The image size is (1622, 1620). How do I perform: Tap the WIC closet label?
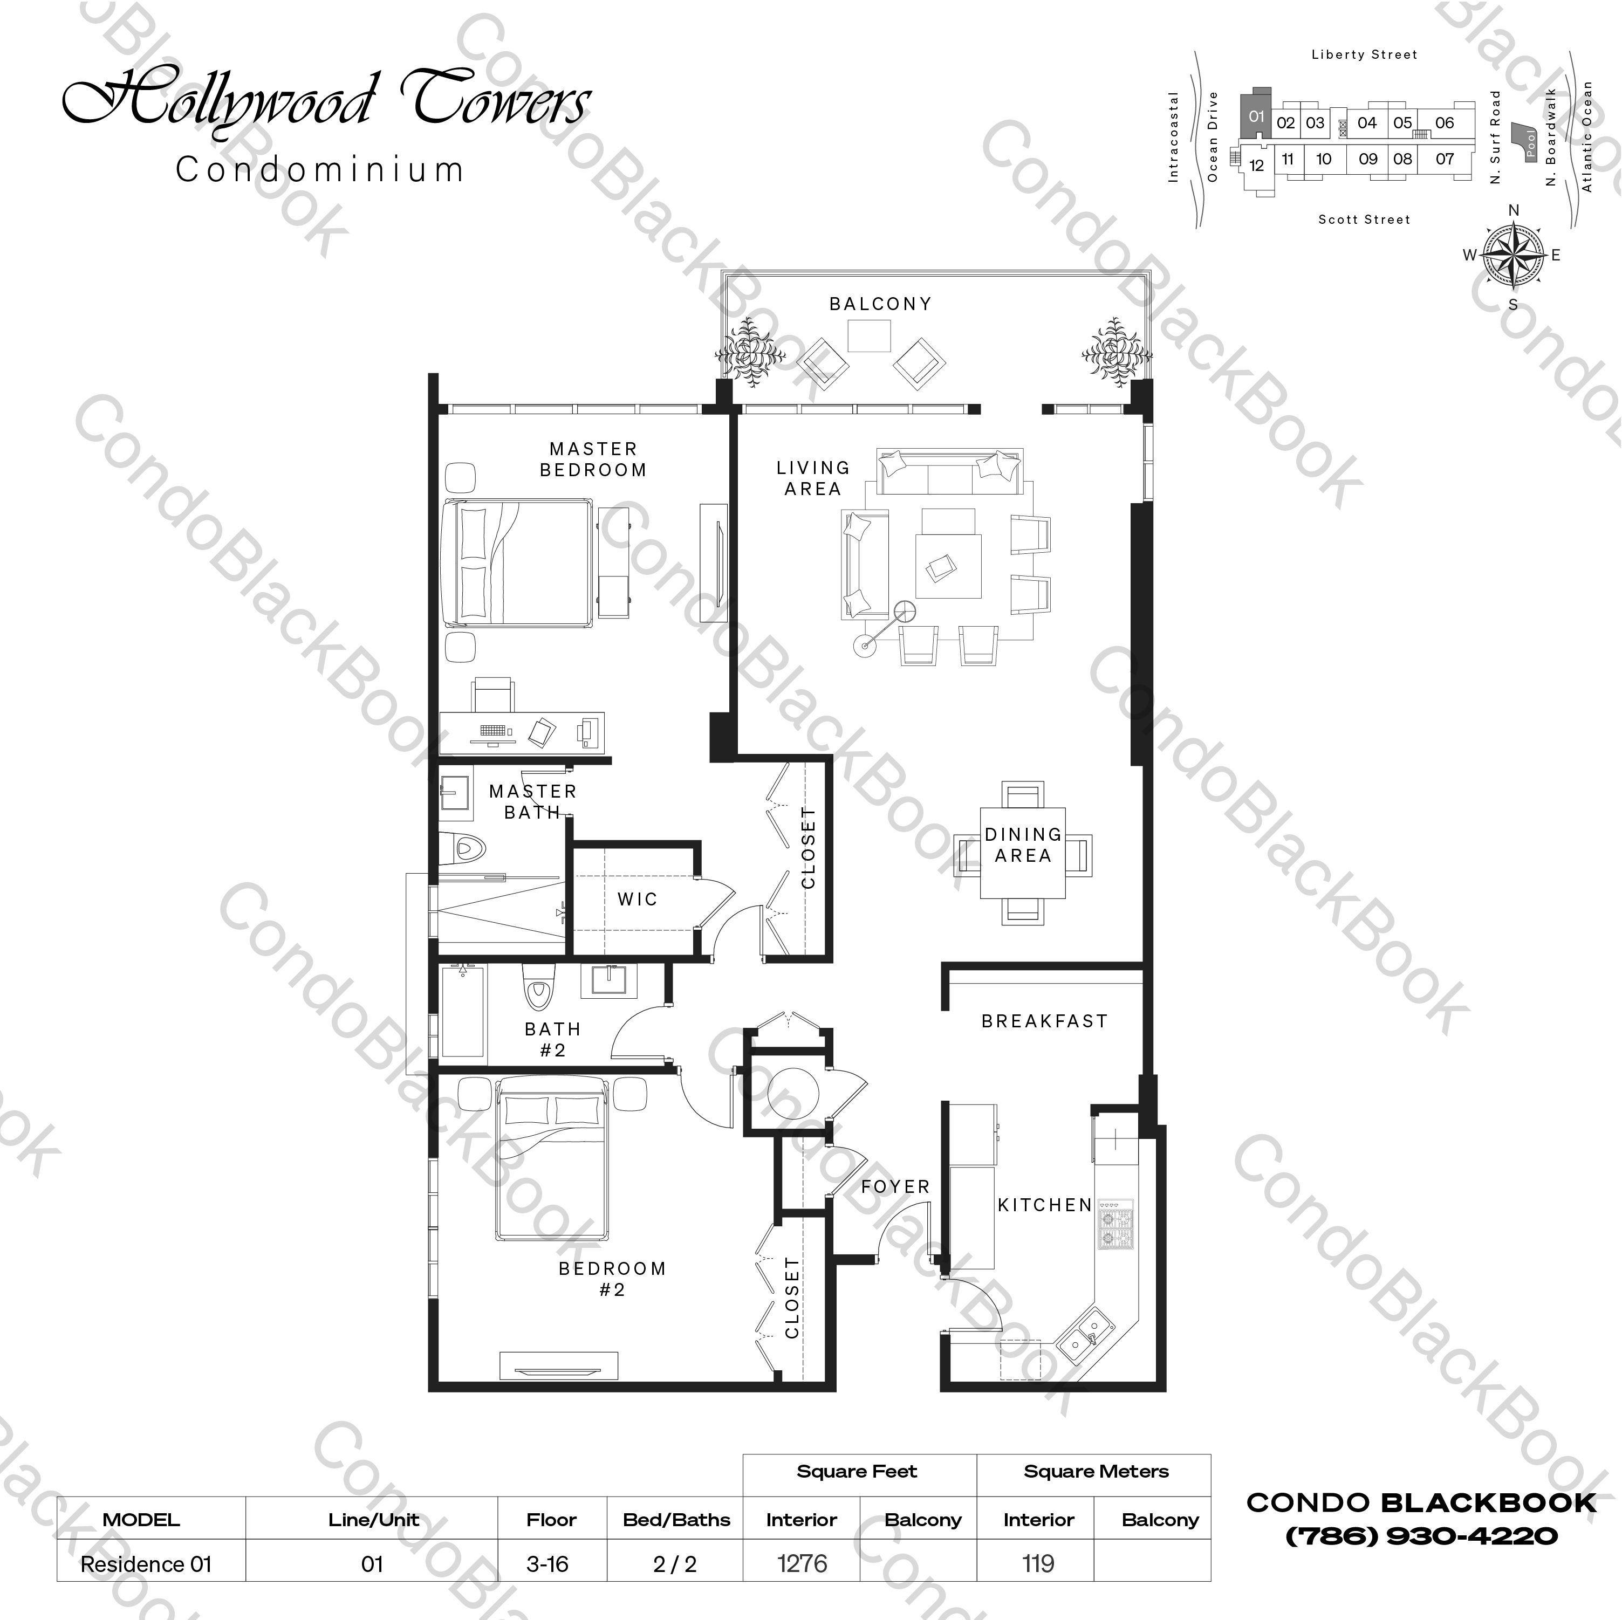tap(637, 899)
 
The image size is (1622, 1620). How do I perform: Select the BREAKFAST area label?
tap(1044, 1021)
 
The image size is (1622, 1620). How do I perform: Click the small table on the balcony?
tap(869, 337)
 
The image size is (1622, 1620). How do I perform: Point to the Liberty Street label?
tap(1364, 54)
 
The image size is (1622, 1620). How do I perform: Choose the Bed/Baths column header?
tap(676, 1519)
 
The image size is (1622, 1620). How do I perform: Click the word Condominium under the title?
tap(320, 169)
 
